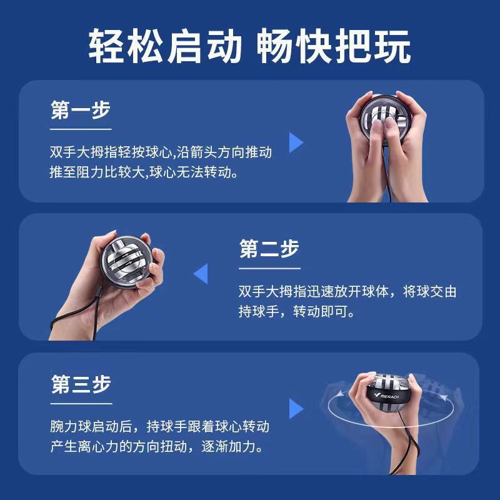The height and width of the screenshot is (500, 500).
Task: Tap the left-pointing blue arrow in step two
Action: click(201, 274)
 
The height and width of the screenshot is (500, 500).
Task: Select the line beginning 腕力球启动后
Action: click(160, 427)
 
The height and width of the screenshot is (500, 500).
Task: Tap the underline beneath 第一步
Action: click(81, 129)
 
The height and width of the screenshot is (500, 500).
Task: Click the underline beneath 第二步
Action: click(269, 267)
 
